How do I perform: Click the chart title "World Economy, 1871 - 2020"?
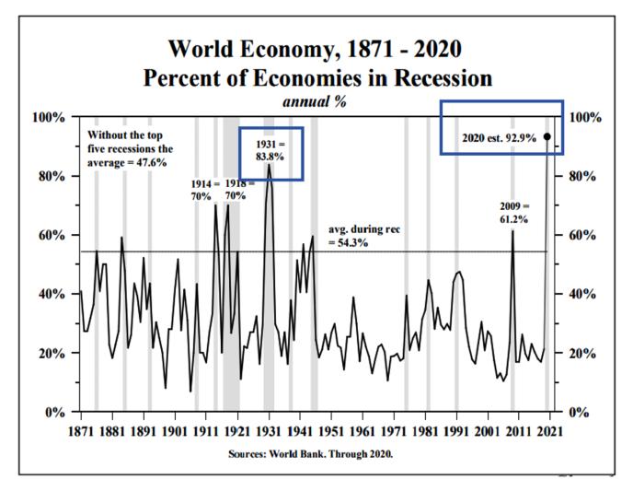(x=316, y=49)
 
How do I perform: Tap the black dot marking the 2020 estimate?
(x=547, y=136)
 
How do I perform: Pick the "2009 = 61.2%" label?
(x=513, y=213)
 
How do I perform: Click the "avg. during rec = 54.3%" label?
(x=366, y=234)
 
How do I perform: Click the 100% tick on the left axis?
(x=49, y=117)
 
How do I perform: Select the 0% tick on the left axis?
(x=55, y=412)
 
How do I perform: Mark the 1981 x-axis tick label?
(x=426, y=430)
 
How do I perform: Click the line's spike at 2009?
(x=512, y=231)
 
